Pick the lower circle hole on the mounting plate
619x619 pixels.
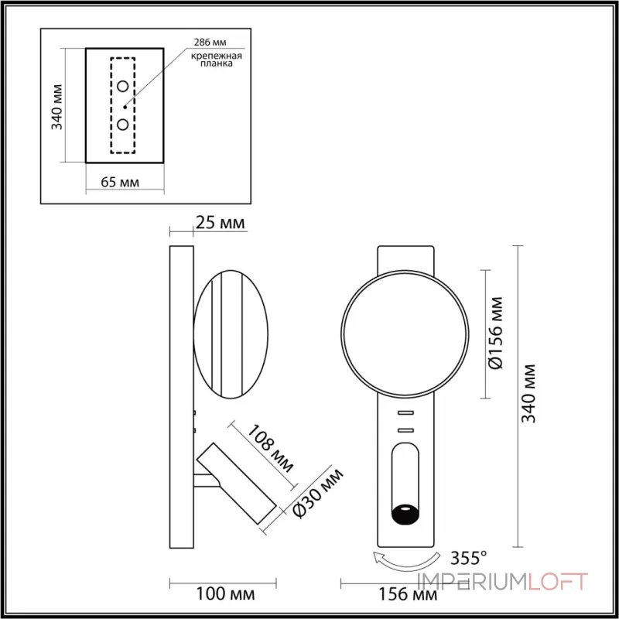click(x=123, y=124)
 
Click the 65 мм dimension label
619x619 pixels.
click(x=120, y=183)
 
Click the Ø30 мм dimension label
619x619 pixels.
click(x=313, y=494)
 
